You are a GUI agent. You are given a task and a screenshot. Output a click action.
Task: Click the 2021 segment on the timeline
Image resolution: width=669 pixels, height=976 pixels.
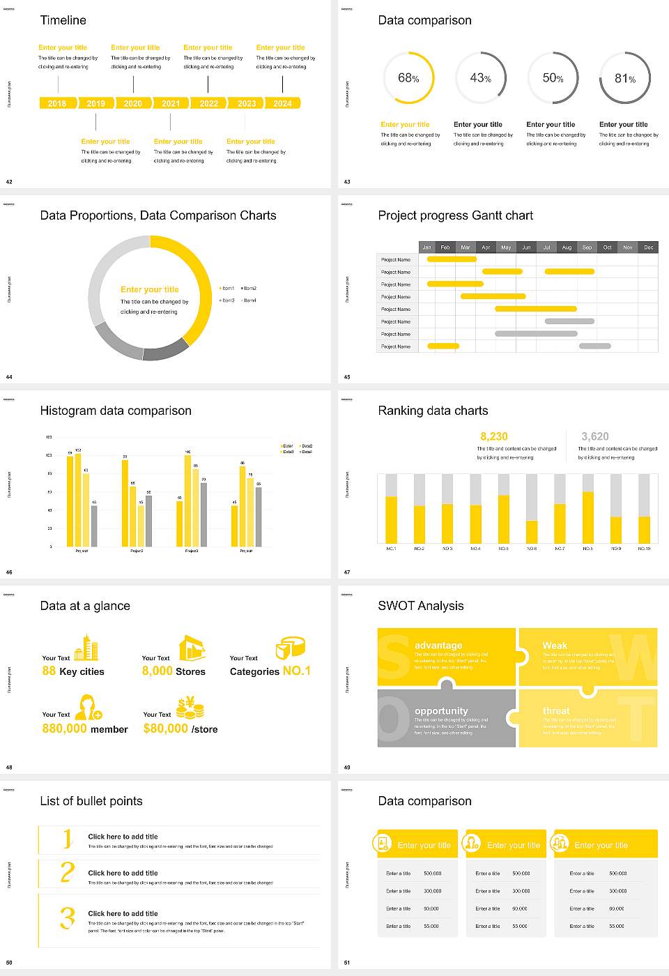[x=171, y=103]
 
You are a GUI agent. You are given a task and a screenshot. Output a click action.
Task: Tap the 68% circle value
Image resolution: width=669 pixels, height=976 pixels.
[x=408, y=78]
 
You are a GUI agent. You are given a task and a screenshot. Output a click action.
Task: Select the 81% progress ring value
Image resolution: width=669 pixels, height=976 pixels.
[x=625, y=79]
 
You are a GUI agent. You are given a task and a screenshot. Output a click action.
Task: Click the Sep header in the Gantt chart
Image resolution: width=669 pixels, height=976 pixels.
[x=587, y=247]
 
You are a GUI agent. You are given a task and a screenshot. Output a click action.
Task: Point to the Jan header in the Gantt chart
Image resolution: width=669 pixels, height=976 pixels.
[x=426, y=247]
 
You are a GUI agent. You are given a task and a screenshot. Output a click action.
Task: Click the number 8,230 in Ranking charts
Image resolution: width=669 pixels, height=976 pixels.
[x=494, y=436]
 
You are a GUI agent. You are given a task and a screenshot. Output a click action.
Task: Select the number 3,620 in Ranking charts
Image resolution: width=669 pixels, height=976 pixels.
[x=595, y=436]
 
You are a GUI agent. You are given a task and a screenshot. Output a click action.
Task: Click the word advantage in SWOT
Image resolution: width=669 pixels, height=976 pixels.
[x=438, y=646]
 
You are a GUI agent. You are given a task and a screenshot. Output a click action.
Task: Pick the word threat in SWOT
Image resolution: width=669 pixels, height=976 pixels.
[x=556, y=711]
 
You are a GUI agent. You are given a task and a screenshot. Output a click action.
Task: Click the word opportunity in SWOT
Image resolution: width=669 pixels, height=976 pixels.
[x=441, y=711]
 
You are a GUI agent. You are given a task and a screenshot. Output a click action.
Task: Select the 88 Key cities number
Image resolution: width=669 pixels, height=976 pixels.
[x=49, y=671]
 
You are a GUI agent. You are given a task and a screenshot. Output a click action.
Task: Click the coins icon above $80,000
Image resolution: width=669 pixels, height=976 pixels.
[x=190, y=708]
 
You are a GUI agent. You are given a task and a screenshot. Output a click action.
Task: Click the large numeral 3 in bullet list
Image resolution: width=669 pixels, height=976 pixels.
[x=68, y=917]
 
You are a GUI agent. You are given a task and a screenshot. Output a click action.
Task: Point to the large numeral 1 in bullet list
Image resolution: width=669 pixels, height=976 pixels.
[x=68, y=839]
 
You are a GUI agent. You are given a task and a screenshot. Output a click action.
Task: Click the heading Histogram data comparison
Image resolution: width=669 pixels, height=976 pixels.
[x=116, y=411]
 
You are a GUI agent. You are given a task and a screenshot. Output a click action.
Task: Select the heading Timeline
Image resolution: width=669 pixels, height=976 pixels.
[x=63, y=20]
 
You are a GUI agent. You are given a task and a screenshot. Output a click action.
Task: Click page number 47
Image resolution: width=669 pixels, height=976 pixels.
[x=347, y=572]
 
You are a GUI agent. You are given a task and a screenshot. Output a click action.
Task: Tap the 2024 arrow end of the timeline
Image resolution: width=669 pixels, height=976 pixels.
[x=283, y=103]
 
